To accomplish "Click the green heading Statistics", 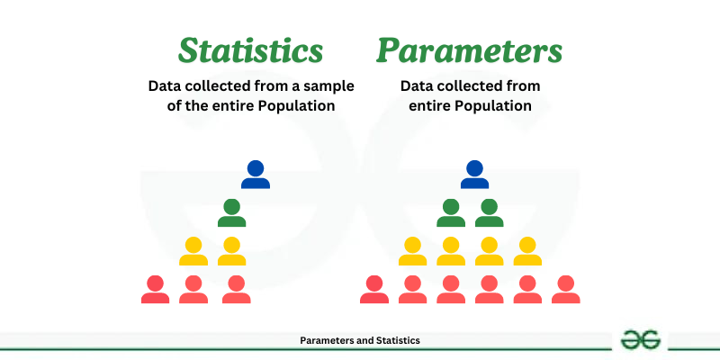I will point(249,49).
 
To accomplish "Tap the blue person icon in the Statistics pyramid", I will point(256,174).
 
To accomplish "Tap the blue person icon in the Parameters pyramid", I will point(474,174).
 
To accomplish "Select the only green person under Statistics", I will point(231,212).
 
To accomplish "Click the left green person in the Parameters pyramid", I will point(451,212).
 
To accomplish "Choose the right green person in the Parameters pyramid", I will point(489,212).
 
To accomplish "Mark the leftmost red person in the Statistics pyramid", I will point(155,289).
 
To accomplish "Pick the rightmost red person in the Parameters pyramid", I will point(565,289).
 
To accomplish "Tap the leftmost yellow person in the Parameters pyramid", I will point(412,251).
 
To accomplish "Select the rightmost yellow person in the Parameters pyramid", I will point(527,251).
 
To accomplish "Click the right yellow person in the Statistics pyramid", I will point(231,251).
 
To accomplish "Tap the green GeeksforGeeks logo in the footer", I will point(642,339).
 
